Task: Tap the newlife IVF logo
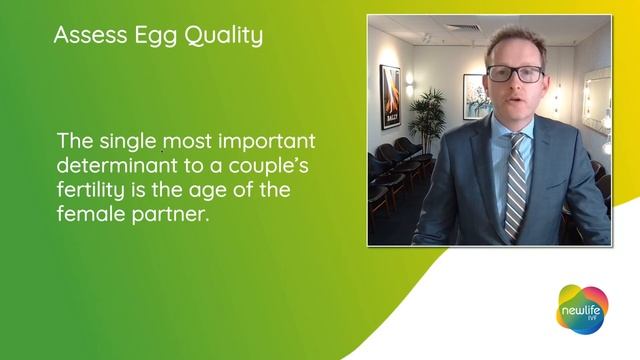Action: pyautogui.click(x=581, y=309)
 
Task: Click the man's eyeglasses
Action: pyautogui.click(x=515, y=73)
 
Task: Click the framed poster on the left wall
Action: pyautogui.click(x=390, y=96)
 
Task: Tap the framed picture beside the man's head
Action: pyautogui.click(x=474, y=96)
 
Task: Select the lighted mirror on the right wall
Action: pyautogui.click(x=597, y=101)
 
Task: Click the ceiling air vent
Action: pyautogui.click(x=463, y=28)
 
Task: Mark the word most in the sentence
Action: pyautogui.click(x=183, y=141)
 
